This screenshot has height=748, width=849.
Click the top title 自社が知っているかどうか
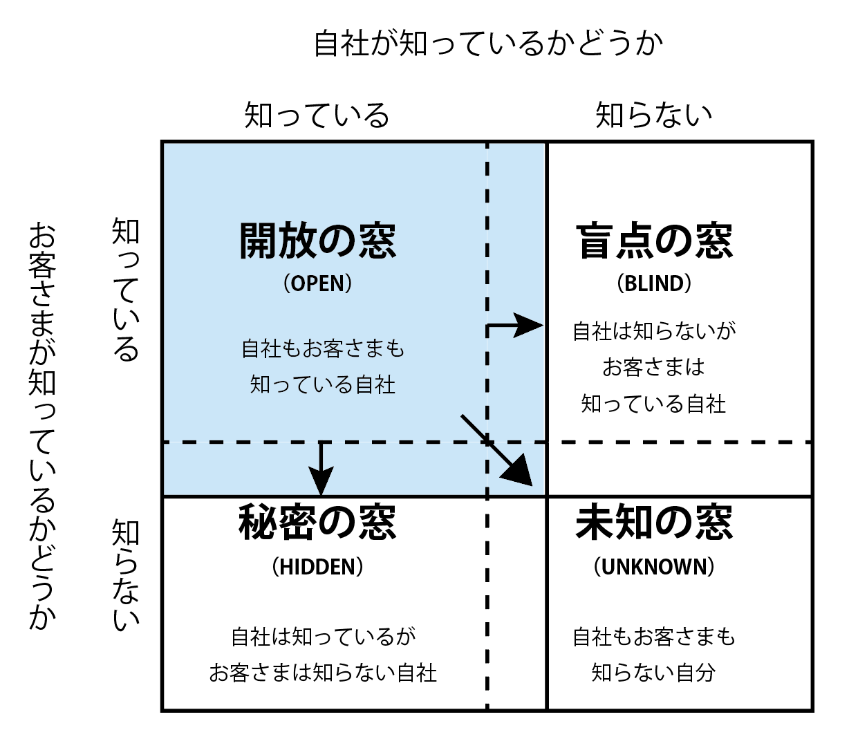488,43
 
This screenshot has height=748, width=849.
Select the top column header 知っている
317,114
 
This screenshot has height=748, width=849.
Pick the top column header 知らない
654,114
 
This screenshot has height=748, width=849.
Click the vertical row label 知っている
125,289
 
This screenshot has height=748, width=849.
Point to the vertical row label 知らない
125,574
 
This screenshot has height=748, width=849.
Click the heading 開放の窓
317,241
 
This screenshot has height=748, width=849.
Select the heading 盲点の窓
654,241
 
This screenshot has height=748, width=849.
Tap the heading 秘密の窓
317,522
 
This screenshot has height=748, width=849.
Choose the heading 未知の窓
654,522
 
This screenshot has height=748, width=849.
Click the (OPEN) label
317,283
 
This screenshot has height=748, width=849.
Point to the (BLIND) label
654,283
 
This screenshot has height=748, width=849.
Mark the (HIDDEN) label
317,567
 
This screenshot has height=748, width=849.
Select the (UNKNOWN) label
654,567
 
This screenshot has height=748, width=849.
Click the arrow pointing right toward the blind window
514,325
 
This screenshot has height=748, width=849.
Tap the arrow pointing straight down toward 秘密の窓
321,469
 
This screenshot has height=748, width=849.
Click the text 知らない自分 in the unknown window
654,673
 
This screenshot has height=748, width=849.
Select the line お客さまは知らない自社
323,673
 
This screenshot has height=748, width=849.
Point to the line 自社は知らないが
654,331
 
